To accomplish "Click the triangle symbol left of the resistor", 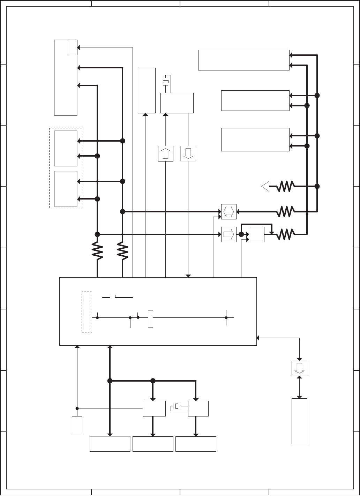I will click(x=266, y=187).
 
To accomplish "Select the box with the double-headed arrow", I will click(x=229, y=212).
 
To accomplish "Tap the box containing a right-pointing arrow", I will click(x=229, y=234).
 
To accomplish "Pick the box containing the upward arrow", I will click(x=166, y=153).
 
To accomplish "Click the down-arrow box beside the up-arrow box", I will click(x=188, y=153).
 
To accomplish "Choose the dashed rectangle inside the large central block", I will click(x=87, y=312).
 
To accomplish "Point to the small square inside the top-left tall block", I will click(x=72, y=47).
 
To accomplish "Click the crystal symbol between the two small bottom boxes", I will click(x=177, y=406).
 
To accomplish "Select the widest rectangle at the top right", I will click(x=243, y=60).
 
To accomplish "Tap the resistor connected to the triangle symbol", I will click(x=286, y=187).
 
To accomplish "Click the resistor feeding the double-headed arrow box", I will click(x=286, y=211).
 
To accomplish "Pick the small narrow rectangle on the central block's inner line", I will click(x=150, y=318).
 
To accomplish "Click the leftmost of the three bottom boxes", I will click(x=110, y=444).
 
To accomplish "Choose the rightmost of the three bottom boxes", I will click(x=196, y=444).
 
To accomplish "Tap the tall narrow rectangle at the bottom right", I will click(x=299, y=421).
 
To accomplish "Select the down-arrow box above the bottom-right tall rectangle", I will click(x=299, y=368).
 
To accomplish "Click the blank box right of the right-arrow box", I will click(x=256, y=234).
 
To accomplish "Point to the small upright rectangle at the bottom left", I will click(x=77, y=425).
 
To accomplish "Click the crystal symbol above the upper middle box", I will click(x=166, y=82).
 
